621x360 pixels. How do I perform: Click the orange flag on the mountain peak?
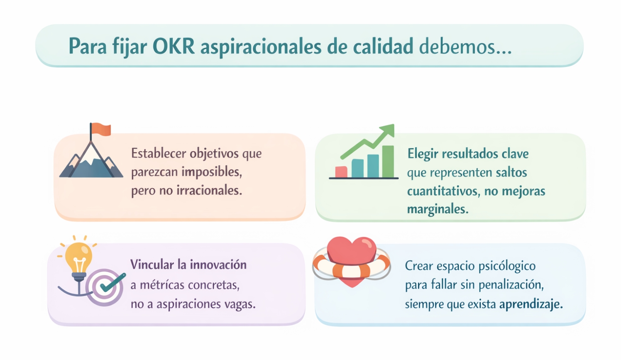click(x=101, y=129)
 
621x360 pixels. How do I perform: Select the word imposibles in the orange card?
click(x=212, y=172)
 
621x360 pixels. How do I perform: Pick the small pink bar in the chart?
click(x=341, y=171)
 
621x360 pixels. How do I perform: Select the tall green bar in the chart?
click(x=388, y=162)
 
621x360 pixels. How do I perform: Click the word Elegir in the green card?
click(x=423, y=154)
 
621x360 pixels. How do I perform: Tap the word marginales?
click(x=438, y=209)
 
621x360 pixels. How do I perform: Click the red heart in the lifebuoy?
click(x=352, y=260)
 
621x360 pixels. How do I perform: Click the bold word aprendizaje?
click(x=531, y=305)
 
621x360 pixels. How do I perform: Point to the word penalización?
click(x=511, y=285)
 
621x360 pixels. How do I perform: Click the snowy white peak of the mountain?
click(x=90, y=154)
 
